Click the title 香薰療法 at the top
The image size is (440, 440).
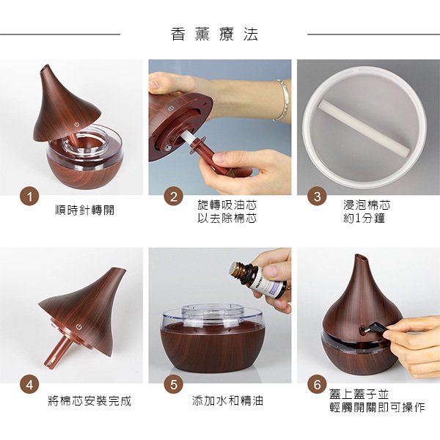click(214, 34)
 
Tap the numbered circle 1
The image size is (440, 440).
click(29, 197)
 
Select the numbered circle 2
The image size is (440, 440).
click(173, 197)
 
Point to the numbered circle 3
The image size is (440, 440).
click(318, 197)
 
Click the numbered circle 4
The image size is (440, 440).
click(29, 384)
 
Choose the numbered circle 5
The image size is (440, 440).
click(173, 384)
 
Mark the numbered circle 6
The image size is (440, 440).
click(318, 384)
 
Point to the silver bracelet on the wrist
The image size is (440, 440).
click(281, 100)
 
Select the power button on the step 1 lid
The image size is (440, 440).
click(78, 136)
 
